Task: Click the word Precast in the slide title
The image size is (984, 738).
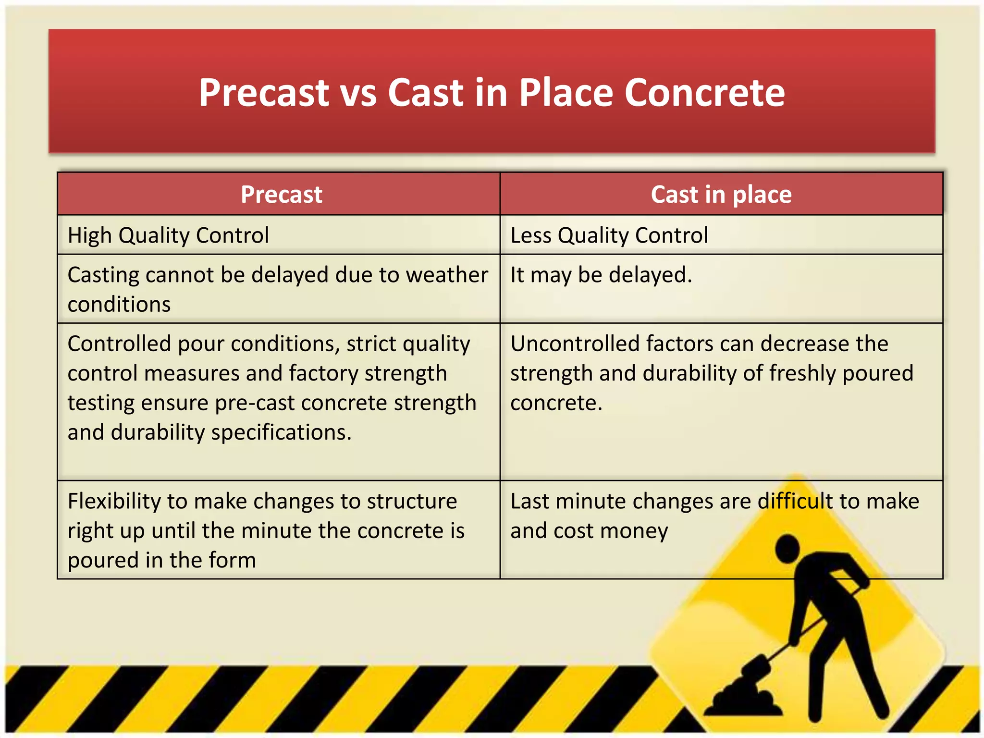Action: pos(264,92)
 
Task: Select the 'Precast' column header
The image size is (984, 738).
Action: pos(281,194)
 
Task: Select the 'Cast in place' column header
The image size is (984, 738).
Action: pos(721,194)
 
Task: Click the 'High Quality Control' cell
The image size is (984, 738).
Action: pos(168,235)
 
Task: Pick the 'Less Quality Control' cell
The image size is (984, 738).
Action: pos(609,235)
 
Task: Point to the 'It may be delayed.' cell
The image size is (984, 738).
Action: pos(601,275)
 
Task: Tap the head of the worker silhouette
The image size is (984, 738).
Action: pos(787,548)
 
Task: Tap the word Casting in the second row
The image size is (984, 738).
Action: pos(103,275)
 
